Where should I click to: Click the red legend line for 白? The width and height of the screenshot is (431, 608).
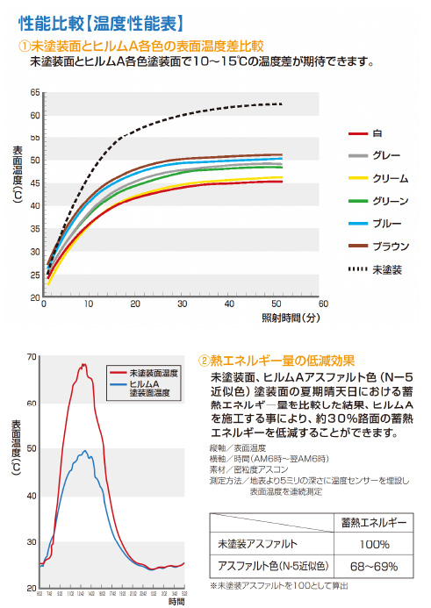coord(357,132)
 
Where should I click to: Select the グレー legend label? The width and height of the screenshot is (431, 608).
coord(387,155)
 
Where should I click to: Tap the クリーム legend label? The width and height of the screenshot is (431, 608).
coord(390,178)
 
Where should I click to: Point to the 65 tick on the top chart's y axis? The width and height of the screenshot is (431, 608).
coord(35,92)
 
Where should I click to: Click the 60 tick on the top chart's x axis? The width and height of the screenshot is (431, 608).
coord(323,304)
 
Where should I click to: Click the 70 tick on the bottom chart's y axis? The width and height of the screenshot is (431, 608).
coord(32,357)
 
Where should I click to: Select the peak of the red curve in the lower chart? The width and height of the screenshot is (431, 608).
coord(84,364)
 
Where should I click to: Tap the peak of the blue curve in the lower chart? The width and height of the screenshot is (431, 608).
coord(84,445)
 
